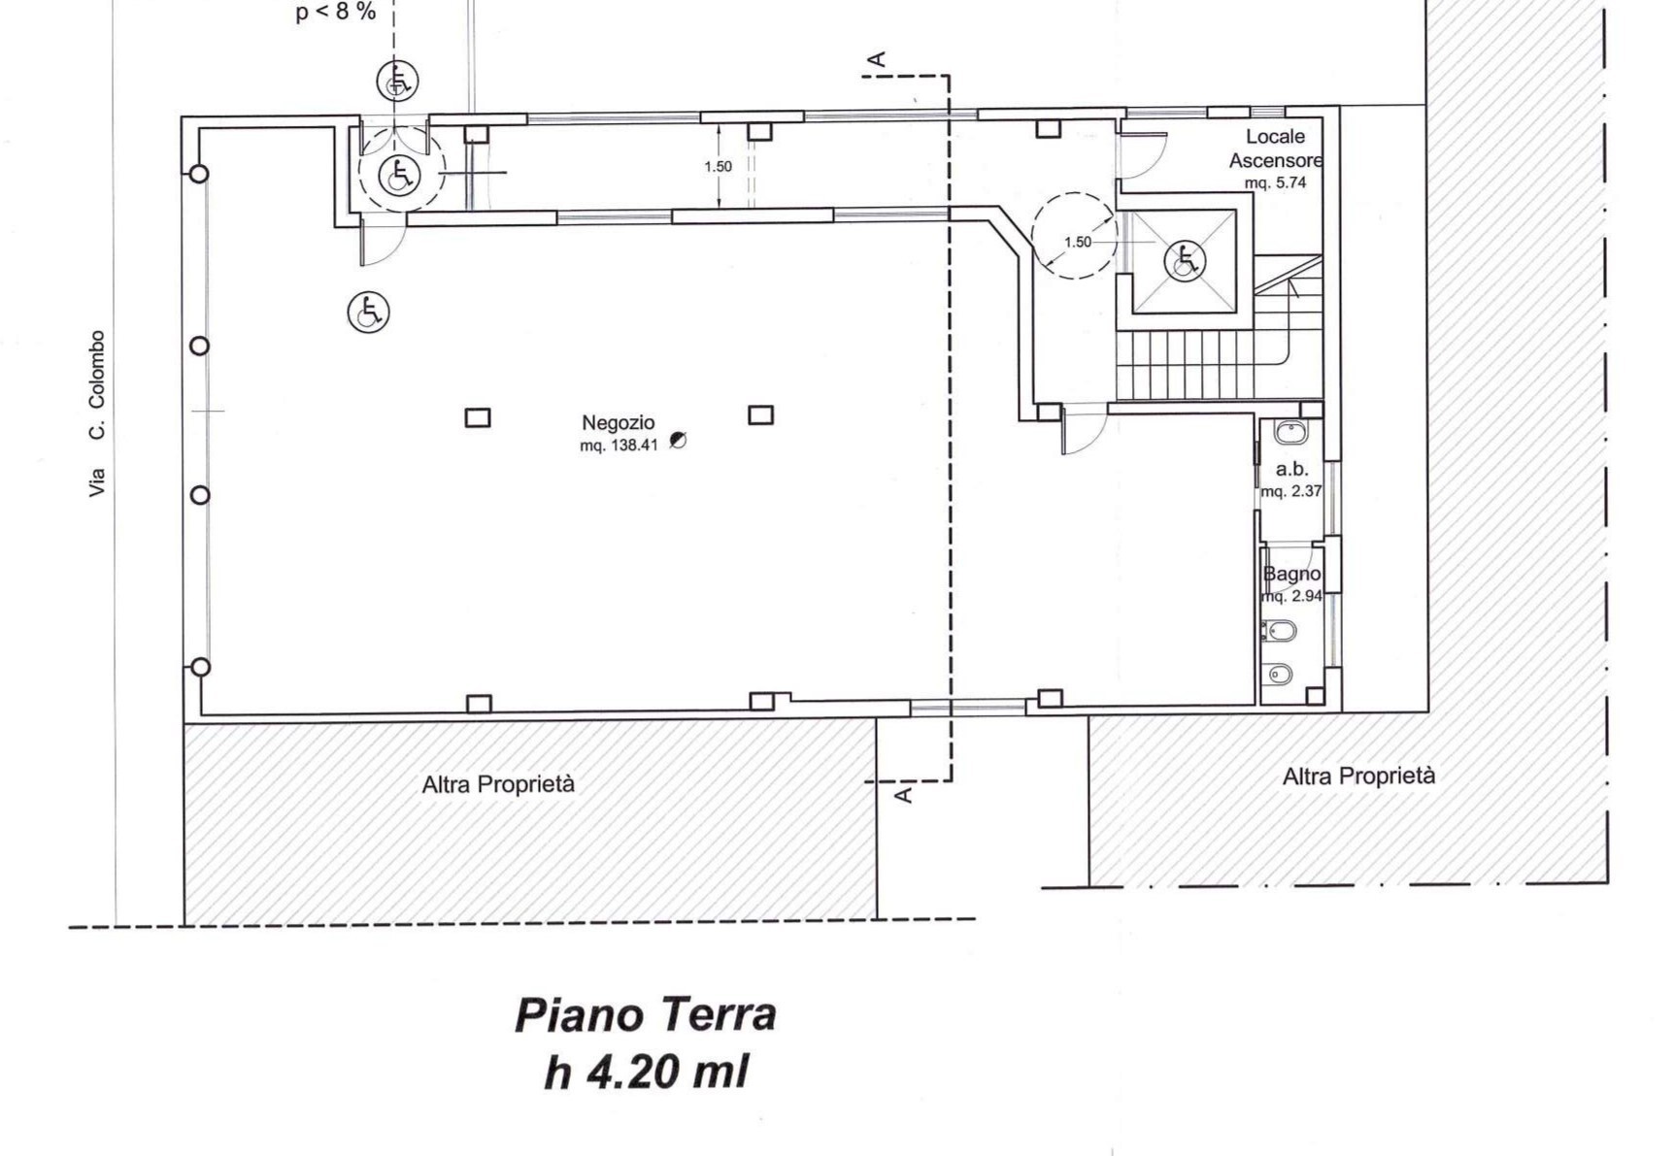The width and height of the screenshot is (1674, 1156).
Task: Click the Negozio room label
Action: click(x=619, y=423)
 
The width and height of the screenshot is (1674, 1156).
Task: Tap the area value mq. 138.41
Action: click(x=619, y=446)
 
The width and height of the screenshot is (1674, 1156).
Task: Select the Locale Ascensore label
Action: click(x=1276, y=149)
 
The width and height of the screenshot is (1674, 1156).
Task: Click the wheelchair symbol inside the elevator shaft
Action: click(x=1185, y=260)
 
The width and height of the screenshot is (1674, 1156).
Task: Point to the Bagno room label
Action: click(x=1291, y=574)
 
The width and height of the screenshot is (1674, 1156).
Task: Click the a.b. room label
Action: click(x=1292, y=469)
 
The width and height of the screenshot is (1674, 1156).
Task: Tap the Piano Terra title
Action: click(x=646, y=1015)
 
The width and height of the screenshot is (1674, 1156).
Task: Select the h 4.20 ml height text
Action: click(x=647, y=1073)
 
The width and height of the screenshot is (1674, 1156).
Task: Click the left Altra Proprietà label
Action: click(x=498, y=784)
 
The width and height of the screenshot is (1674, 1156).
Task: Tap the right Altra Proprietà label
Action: click(x=1358, y=776)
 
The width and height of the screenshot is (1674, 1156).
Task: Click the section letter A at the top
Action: click(x=877, y=60)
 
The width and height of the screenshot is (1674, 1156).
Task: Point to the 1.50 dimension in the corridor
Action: click(x=718, y=167)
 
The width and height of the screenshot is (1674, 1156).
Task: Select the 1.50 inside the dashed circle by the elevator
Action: click(x=1078, y=243)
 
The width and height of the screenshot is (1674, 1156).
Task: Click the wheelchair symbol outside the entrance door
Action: click(x=398, y=81)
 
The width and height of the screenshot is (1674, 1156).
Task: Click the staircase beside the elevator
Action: click(x=1219, y=330)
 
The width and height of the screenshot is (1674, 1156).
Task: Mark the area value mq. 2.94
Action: click(x=1292, y=596)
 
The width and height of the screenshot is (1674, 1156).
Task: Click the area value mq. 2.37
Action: click(x=1292, y=491)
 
